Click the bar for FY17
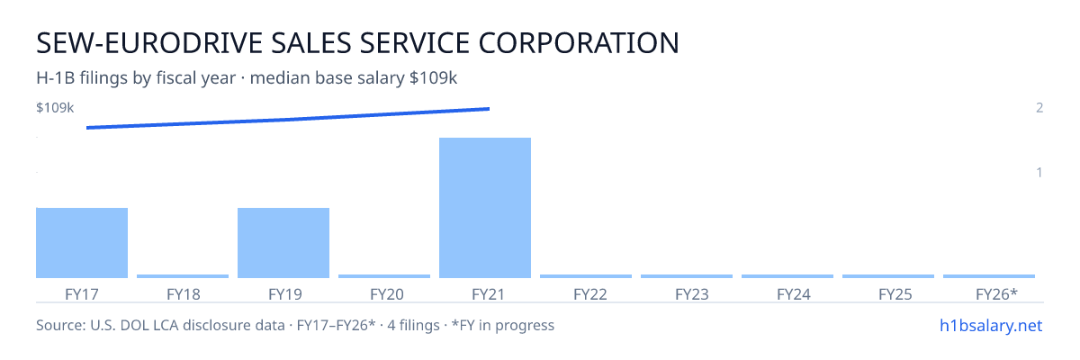tap(82, 243)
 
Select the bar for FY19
tap(283, 243)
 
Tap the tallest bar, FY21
tap(485, 208)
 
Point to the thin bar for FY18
tap(183, 276)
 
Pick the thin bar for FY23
tap(687, 276)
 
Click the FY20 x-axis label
tap(387, 294)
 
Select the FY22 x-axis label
tap(590, 294)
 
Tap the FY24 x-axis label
tap(794, 294)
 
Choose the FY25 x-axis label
tap(895, 294)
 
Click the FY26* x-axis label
tap(996, 294)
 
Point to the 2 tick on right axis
tap(1039, 107)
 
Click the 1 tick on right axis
tap(1039, 172)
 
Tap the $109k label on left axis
tap(55, 107)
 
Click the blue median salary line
tap(288, 119)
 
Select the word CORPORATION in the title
tap(579, 43)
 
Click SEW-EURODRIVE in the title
tap(149, 43)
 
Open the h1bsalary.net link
tap(991, 325)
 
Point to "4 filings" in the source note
tap(414, 325)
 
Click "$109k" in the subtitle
tap(433, 78)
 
